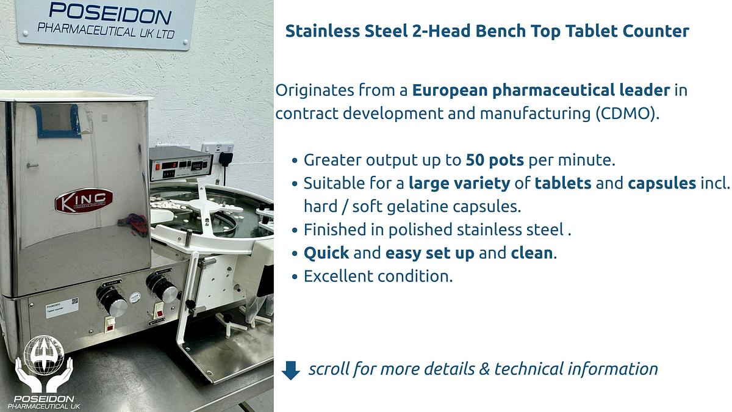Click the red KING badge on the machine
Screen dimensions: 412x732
84,201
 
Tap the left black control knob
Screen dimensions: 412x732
111,300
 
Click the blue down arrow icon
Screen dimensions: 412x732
290,370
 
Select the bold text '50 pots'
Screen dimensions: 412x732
495,161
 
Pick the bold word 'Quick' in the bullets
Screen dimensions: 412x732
326,253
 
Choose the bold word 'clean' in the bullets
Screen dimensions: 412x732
532,253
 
